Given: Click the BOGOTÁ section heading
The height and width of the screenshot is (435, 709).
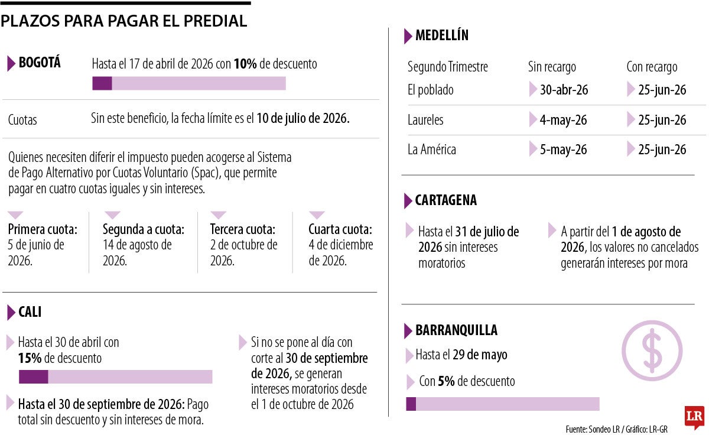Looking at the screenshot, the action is tap(40, 63).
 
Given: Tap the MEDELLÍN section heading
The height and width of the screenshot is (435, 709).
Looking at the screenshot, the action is tap(442, 35).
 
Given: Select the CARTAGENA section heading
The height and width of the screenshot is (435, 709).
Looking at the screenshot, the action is tap(446, 200).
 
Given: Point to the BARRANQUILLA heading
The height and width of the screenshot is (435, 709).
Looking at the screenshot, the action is tap(456, 330).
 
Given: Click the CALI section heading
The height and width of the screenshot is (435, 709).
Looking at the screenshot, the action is tap(30, 312).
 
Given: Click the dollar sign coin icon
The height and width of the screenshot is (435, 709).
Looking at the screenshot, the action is tap(652, 350).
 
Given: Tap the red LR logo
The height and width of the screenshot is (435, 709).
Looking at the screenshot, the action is tap(694, 417).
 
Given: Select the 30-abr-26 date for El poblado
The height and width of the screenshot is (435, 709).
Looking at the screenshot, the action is tap(564, 90).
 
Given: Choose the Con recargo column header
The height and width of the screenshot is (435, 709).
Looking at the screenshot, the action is tap(652, 67).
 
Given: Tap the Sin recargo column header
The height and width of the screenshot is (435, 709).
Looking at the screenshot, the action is tap(552, 67).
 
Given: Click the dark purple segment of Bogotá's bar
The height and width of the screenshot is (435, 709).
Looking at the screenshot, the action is tap(102, 83).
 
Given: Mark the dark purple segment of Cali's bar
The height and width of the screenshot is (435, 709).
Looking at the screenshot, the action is tap(33, 377).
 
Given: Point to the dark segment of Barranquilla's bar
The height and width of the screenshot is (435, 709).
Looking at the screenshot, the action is tap(411, 404).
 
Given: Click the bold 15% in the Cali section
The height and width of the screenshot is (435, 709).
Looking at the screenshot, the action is tap(30, 358).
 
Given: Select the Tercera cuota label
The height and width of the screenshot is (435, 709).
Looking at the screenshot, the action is tap(243, 229).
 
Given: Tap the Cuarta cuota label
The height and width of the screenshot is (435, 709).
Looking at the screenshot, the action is tap(340, 229).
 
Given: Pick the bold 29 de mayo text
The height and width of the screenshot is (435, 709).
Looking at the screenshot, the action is tap(480, 355).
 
